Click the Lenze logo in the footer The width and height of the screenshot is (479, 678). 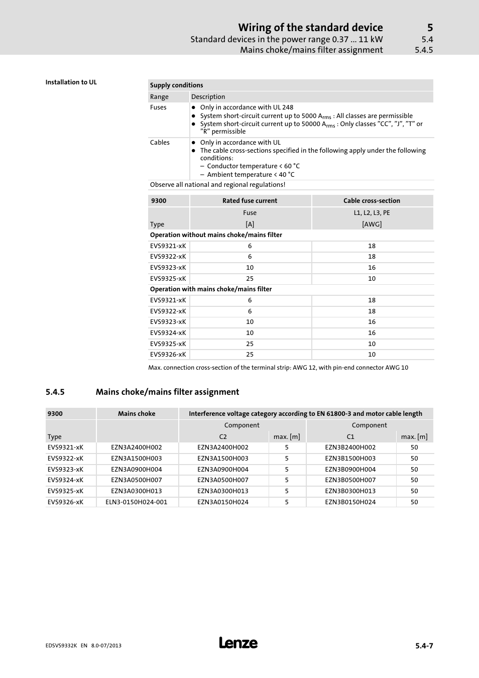(x=238, y=643)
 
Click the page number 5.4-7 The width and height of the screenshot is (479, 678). (x=424, y=646)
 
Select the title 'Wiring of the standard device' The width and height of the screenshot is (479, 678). (x=310, y=28)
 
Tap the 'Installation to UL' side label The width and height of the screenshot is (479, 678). (x=71, y=82)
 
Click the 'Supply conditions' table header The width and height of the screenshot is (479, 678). (x=177, y=85)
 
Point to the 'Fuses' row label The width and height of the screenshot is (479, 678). (x=158, y=107)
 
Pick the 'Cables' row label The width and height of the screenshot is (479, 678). (x=160, y=143)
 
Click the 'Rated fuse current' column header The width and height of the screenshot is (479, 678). (x=250, y=201)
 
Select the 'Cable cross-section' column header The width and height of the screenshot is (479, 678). (x=372, y=201)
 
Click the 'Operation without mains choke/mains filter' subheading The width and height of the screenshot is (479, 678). (x=216, y=235)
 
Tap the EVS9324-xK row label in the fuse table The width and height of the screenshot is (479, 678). (x=168, y=333)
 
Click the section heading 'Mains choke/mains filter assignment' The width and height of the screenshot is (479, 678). (x=167, y=392)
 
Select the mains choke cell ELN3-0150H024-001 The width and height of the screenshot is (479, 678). (x=137, y=502)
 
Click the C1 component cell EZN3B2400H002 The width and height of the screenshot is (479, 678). (x=350, y=447)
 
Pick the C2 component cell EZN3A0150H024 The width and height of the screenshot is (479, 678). (x=223, y=502)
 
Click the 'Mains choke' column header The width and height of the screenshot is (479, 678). (x=137, y=414)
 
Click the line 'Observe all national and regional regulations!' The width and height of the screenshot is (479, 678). (x=217, y=185)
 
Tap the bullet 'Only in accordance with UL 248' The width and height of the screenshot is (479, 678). (x=247, y=107)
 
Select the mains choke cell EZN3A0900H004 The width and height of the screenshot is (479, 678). (x=137, y=470)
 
